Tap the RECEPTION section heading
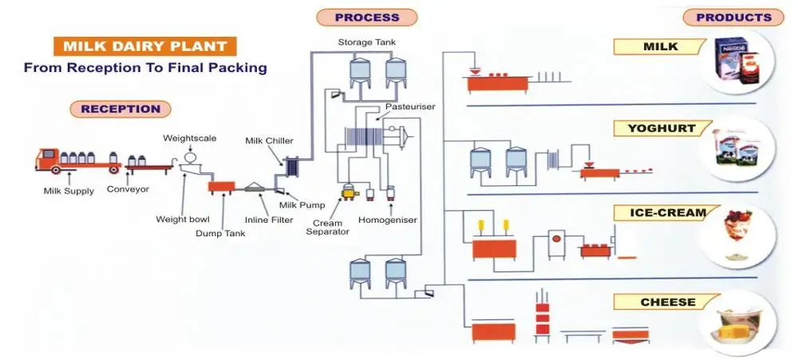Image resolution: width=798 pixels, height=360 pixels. point(120,109)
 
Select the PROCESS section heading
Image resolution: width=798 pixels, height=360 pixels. point(366,17)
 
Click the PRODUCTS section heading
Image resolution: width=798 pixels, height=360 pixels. point(733,17)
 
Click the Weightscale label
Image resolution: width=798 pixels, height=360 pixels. point(190,138)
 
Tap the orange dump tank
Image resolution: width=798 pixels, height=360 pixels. point(221,187)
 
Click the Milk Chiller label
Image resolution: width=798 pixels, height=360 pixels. point(269,141)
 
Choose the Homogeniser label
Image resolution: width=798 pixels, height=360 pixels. point(388,220)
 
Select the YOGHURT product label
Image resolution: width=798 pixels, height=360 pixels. point(662,128)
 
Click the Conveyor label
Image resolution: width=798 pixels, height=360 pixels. point(128,190)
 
